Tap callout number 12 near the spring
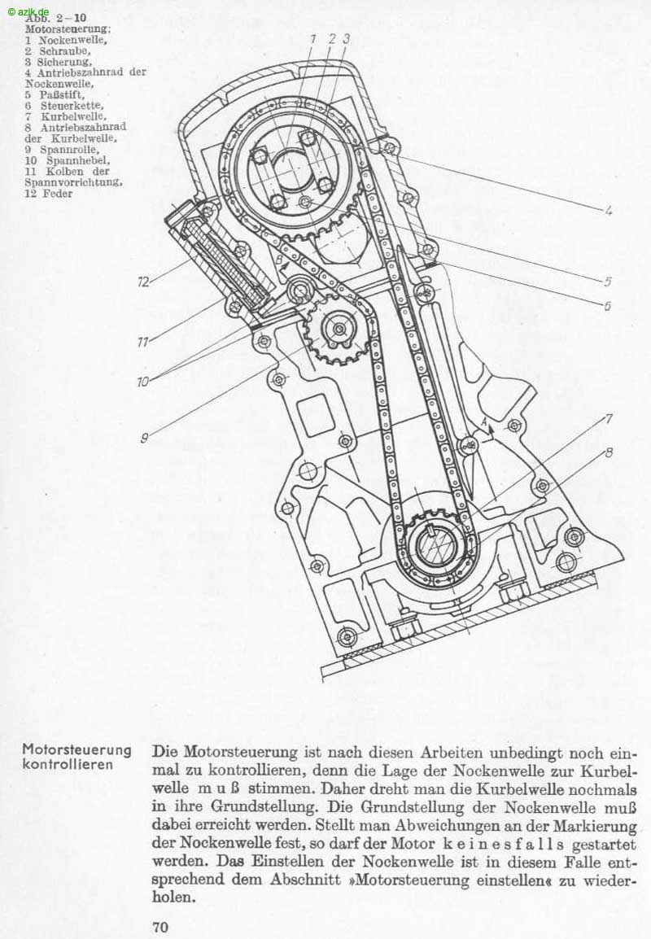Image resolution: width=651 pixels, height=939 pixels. [143, 282]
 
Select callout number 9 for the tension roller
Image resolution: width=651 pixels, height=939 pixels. [144, 439]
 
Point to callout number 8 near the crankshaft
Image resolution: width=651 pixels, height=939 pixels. [609, 452]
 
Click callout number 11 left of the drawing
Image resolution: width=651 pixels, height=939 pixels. [142, 342]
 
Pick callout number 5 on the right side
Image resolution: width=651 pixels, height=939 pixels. [607, 282]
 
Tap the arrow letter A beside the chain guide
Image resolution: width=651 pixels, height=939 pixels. [484, 421]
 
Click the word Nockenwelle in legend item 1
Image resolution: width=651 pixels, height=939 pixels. [72, 41]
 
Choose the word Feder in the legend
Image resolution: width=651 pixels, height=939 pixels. [58, 194]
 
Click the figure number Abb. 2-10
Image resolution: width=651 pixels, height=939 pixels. [55, 18]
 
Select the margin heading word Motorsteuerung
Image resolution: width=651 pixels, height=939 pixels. [76, 749]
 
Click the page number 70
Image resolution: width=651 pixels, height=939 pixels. [160, 928]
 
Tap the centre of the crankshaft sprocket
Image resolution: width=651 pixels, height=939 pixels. [436, 546]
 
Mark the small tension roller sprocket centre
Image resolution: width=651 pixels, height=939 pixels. [339, 330]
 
